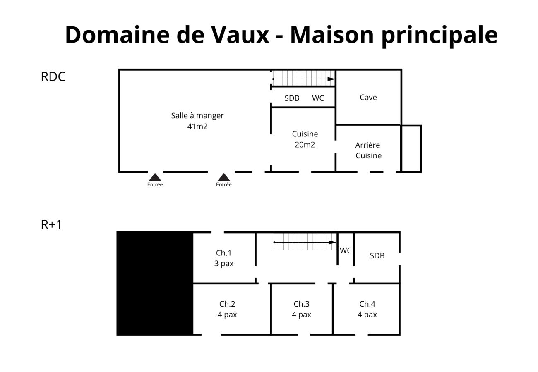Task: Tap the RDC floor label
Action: click(x=53, y=77)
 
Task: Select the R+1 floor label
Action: click(x=51, y=225)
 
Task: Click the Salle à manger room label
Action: click(x=197, y=116)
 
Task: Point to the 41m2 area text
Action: click(x=197, y=126)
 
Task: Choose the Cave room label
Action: click(x=368, y=98)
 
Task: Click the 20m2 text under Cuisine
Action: click(x=305, y=145)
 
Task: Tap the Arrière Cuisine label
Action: click(x=368, y=150)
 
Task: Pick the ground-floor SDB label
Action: click(x=292, y=98)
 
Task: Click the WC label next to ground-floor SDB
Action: click(x=318, y=98)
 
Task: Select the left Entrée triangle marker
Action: click(x=155, y=177)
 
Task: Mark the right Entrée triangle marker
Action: click(x=224, y=177)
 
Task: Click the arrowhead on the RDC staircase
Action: click(x=331, y=79)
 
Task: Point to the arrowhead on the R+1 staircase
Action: click(x=332, y=243)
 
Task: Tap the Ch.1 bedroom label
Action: click(x=223, y=253)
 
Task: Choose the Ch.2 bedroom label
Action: click(x=227, y=304)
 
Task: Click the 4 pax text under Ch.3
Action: click(x=301, y=315)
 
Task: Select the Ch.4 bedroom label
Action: click(x=367, y=304)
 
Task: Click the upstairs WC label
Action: click(x=346, y=250)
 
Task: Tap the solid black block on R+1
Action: click(x=155, y=283)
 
